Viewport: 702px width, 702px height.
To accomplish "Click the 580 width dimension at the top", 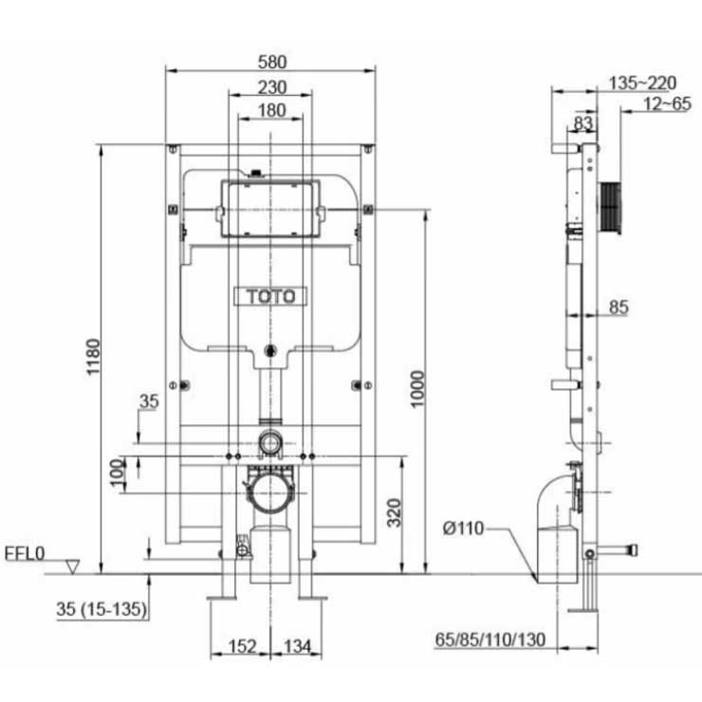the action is click(x=272, y=62).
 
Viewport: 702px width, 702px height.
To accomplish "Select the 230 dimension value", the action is click(x=271, y=87).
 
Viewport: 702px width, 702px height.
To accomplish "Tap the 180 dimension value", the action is click(x=271, y=110).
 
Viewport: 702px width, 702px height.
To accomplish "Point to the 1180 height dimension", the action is click(x=93, y=357).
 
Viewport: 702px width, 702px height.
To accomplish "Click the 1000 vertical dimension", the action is click(x=417, y=389).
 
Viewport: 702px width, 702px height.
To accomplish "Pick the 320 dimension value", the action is click(x=394, y=512).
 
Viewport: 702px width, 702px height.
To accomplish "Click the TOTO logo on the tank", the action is click(x=270, y=296).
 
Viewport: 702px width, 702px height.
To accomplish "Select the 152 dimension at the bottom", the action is click(x=242, y=646).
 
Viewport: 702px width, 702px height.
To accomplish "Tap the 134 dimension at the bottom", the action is click(x=297, y=646).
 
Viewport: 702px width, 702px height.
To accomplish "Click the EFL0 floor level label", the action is click(x=25, y=554).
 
